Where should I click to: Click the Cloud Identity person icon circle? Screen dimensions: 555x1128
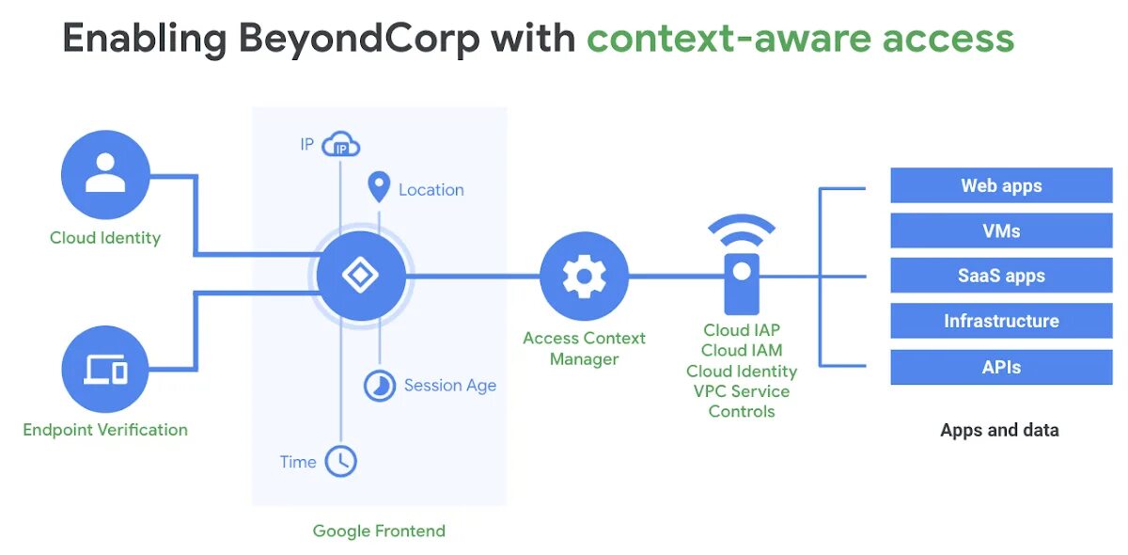coord(105,175)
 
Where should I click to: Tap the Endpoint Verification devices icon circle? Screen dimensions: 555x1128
coord(105,370)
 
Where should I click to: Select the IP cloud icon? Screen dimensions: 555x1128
coord(341,146)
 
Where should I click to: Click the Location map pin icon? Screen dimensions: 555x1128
coord(379,187)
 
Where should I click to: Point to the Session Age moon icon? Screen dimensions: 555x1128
coord(379,386)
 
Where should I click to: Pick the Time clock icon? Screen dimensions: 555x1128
coord(341,461)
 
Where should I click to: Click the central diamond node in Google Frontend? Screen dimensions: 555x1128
coord(361,276)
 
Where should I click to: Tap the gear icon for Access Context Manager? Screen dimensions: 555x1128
coord(584,276)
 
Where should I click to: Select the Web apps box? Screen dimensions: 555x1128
coord(1001,185)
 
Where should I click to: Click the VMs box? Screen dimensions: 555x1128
coord(1001,230)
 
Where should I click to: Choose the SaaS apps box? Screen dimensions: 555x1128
coord(1001,276)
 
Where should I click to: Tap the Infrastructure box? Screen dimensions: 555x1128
coord(1001,321)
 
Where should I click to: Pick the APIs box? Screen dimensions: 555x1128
coord(1001,367)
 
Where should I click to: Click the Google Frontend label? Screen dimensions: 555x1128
coord(379,531)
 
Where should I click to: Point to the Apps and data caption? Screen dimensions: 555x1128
coord(999,430)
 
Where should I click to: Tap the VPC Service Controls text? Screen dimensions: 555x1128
coord(742,401)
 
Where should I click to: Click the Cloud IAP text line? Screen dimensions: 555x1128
coord(742,330)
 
